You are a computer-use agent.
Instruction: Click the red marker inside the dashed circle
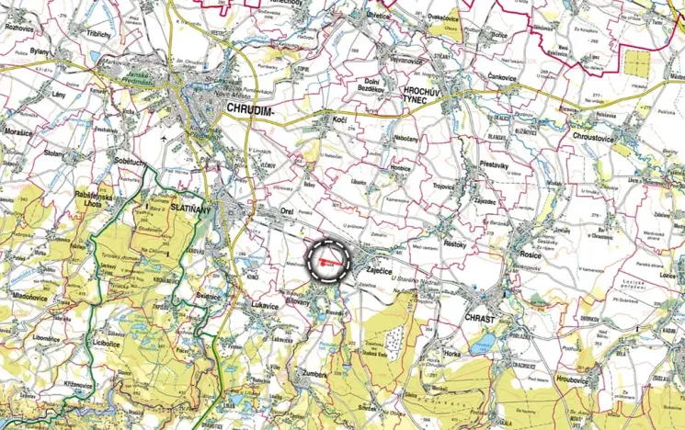tap(328, 263)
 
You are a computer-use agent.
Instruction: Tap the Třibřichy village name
tap(98, 33)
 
